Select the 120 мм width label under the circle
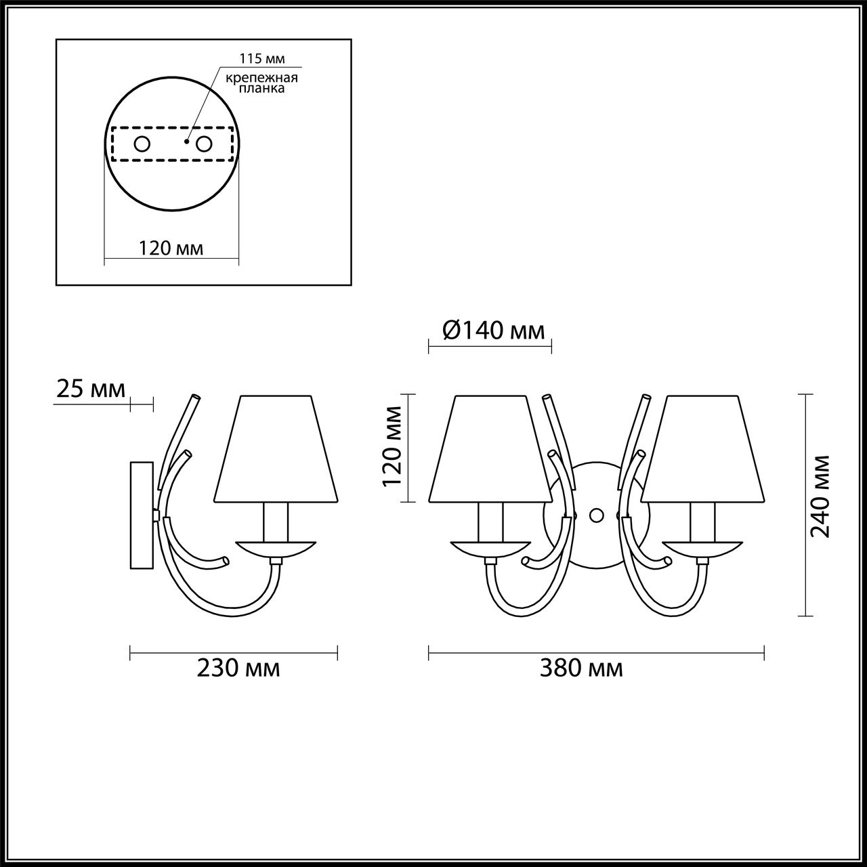click(171, 248)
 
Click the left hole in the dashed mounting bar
click(142, 144)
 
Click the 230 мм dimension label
click(238, 669)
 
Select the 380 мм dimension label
click(581, 669)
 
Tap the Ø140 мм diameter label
click(494, 331)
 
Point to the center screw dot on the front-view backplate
click(597, 515)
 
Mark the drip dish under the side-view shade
click(275, 548)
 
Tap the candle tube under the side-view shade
click(276, 522)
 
